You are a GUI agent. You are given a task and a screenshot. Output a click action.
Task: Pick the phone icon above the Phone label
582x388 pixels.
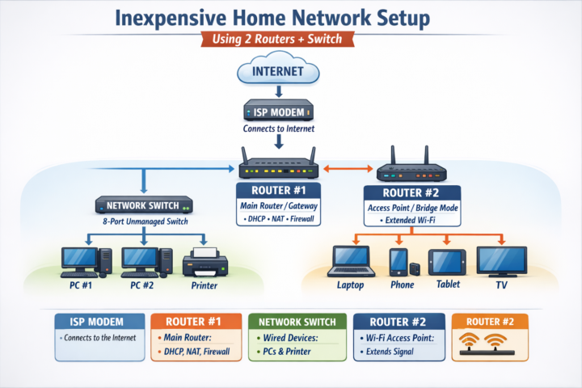399,260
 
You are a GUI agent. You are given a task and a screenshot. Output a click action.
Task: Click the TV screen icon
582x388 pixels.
501,260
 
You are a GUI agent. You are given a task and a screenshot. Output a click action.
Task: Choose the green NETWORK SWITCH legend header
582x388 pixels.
297,320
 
